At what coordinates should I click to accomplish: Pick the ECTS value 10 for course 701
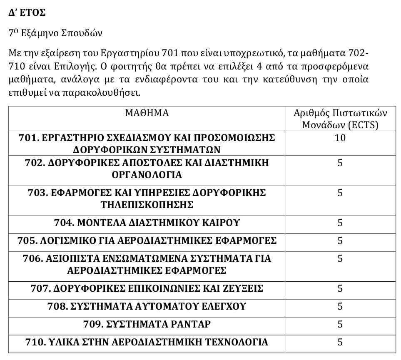tap(340, 138)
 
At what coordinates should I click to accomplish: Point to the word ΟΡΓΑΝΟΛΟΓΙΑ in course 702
tap(147, 175)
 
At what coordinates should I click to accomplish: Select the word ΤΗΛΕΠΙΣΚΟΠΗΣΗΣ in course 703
tap(147, 205)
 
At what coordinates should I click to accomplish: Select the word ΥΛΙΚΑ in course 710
tap(60, 342)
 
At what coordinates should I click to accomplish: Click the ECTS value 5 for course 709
tap(340, 324)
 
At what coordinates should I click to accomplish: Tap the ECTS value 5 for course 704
tap(340, 223)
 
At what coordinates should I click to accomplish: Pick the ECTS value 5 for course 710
tap(340, 342)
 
